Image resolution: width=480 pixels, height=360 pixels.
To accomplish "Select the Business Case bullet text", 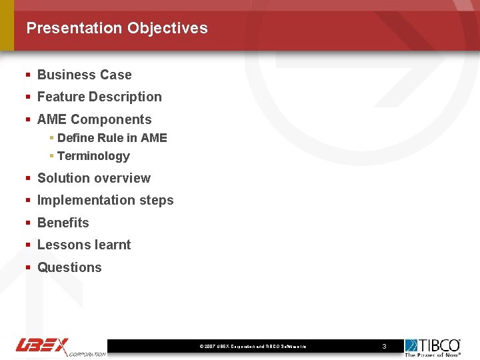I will pos(84,75).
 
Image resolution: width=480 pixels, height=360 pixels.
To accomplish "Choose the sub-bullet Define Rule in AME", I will pos(112,138).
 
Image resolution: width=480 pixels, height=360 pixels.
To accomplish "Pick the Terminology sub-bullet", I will pos(93,156).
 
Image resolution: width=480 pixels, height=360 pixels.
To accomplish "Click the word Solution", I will pos(62,178).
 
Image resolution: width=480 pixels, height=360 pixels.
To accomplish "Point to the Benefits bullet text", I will pos(63,223).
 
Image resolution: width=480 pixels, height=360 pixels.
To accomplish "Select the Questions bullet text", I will pos(69,267).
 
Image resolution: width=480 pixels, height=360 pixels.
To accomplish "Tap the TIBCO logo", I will pos(433,347).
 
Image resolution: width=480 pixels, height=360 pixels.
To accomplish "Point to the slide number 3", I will pos(384,346).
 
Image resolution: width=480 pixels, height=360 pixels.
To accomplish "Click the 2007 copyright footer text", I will pos(253,347).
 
